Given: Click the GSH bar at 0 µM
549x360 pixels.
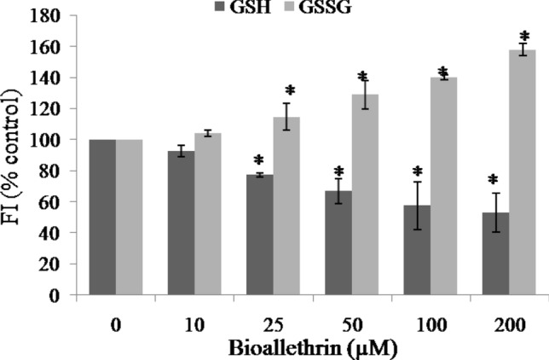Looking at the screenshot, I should coord(102,217).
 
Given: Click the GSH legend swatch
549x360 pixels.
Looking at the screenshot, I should coord(226,8).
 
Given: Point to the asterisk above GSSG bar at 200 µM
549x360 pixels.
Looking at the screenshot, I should coord(524,38).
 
